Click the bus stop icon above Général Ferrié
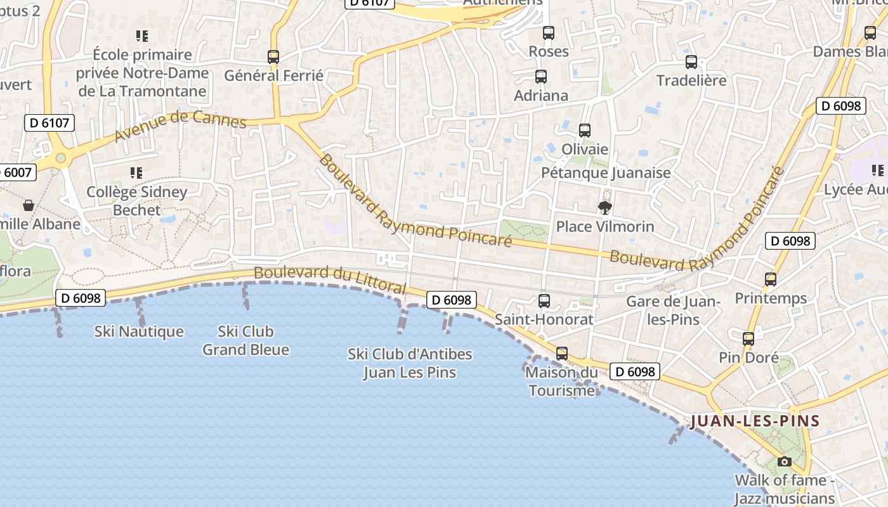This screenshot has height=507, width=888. [273, 56]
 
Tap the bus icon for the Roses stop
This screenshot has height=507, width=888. [549, 32]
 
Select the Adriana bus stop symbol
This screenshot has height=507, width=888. [541, 77]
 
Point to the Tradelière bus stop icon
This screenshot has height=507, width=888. [691, 62]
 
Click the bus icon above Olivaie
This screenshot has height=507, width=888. [585, 131]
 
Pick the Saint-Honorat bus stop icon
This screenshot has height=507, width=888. [544, 301]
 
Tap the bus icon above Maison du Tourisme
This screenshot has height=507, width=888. [562, 354]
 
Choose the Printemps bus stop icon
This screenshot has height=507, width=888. [771, 279]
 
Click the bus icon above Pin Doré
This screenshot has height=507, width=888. [748, 339]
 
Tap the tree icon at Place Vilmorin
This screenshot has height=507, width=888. [605, 207]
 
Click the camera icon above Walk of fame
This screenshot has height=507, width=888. [785, 461]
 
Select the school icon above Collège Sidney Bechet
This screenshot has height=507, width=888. [136, 172]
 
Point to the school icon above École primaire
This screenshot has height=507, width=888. [142, 35]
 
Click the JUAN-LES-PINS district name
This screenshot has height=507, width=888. [755, 421]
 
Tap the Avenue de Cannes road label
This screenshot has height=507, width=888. [180, 126]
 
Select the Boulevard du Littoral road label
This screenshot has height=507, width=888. [330, 279]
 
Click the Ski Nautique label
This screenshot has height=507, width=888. [139, 331]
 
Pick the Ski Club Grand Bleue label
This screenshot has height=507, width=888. [245, 340]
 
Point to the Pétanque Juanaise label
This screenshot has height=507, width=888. [606, 172]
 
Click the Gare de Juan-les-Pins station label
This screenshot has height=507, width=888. [673, 310]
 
